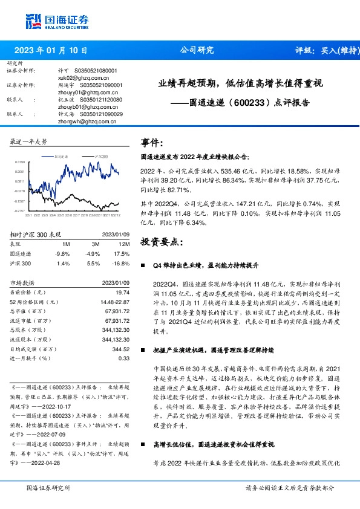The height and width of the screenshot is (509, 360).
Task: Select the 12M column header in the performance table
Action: point(123,243)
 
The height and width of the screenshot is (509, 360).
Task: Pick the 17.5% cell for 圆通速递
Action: point(122,254)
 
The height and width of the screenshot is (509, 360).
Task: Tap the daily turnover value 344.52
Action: point(122,349)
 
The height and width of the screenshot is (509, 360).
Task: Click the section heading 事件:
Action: point(152,143)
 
